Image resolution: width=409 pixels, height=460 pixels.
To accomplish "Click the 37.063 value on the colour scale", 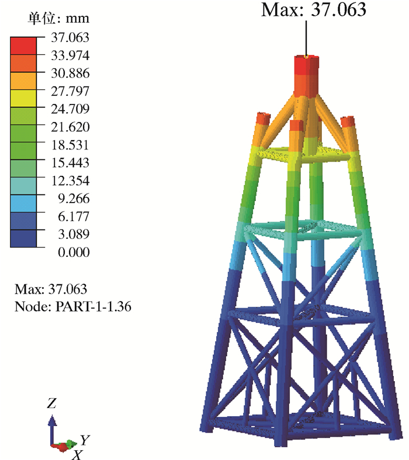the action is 70,37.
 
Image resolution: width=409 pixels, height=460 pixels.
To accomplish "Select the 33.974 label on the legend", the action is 70,55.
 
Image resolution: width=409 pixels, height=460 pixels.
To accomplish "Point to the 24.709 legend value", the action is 70,109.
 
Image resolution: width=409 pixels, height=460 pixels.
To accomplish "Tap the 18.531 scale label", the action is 70,145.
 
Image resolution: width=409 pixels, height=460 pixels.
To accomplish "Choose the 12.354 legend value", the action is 70,180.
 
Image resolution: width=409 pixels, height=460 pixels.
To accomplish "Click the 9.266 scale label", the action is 74,198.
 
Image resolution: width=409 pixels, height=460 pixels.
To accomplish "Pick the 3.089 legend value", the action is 74,234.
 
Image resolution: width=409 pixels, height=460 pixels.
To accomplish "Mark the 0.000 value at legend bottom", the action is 74,252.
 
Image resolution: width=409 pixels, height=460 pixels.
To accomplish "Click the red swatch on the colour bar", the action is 23,46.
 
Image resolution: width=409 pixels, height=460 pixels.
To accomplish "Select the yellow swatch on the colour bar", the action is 23,98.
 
